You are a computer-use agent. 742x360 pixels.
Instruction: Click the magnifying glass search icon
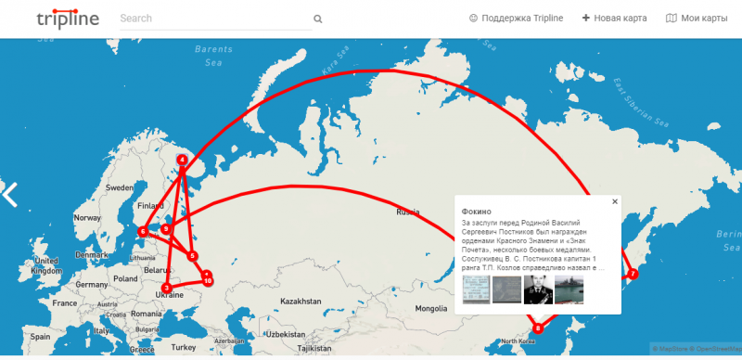(317, 19)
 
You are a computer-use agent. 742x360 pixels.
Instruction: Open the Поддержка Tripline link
(516, 19)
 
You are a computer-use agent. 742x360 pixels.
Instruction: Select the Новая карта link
(614, 19)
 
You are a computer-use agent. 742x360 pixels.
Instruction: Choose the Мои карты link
(697, 19)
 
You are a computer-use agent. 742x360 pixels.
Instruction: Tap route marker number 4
(182, 160)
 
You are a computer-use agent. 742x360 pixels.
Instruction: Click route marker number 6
(143, 232)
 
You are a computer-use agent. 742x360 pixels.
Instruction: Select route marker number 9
(166, 228)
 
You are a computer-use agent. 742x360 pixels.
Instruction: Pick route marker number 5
(193, 255)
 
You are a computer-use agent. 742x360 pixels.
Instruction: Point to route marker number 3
(166, 288)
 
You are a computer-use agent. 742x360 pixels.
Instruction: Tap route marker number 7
(633, 274)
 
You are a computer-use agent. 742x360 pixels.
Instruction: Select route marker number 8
(539, 328)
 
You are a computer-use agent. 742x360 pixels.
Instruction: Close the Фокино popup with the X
(614, 201)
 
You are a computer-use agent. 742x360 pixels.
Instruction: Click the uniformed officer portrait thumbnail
(537, 289)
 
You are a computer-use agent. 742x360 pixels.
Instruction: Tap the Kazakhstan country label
(300, 302)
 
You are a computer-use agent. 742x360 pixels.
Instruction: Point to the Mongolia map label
(432, 308)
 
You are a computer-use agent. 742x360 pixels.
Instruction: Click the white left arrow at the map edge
(10, 194)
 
